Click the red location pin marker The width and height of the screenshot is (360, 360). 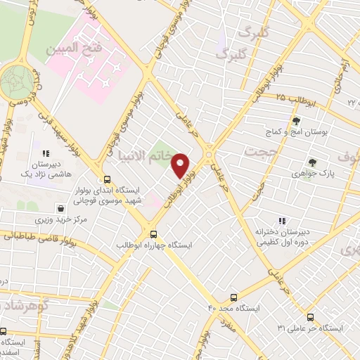point(181,165)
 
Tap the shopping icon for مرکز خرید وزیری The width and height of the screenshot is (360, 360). point(63,209)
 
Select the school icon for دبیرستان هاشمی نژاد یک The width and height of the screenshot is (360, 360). point(46,153)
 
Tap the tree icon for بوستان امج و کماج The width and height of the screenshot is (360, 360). point(296,121)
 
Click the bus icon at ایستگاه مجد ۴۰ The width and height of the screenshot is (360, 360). point(233,297)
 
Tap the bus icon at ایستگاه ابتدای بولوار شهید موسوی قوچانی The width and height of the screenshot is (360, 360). point(106,179)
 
